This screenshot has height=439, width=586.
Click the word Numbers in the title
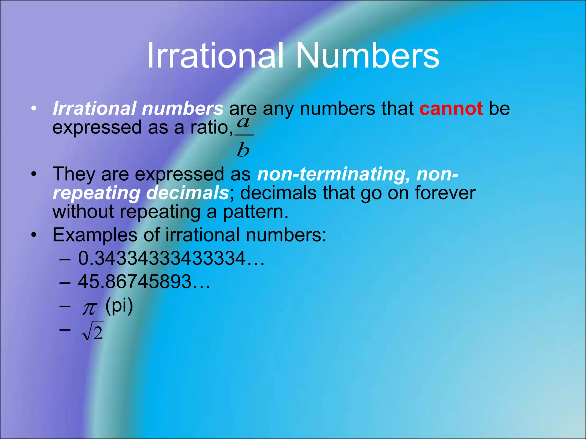[367, 55]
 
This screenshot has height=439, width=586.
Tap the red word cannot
[451, 109]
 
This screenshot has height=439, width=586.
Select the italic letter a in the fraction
[243, 123]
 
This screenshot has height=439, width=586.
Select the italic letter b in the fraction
[243, 150]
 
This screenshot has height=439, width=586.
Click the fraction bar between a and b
[244, 135]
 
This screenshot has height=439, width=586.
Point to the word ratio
[211, 127]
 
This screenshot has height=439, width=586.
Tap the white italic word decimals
[187, 193]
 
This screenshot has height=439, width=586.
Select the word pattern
[255, 212]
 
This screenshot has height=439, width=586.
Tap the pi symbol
[90, 309]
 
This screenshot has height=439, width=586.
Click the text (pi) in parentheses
[119, 306]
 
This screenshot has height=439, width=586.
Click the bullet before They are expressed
[34, 174]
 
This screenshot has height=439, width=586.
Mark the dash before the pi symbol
[65, 306]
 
